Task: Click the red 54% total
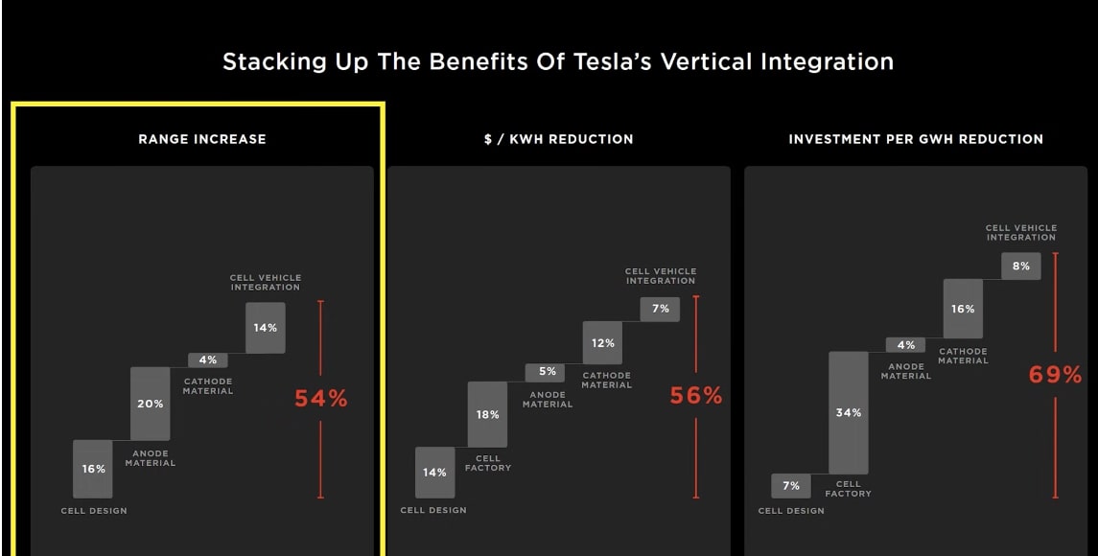[320, 399]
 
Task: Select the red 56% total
[695, 395]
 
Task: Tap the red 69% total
[1055, 375]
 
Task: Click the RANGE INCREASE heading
[202, 139]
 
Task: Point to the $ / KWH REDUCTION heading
[558, 139]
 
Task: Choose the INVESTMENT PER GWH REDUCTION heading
[916, 139]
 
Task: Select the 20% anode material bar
[150, 403]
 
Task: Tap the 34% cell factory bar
[848, 412]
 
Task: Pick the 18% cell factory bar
[487, 414]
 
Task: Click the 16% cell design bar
[93, 469]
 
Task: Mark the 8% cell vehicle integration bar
[1020, 266]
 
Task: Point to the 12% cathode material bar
[602, 342]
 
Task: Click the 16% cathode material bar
[963, 309]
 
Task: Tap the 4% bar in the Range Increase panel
[207, 360]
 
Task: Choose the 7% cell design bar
[790, 485]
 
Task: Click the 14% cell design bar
[434, 472]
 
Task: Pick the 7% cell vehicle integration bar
[660, 308]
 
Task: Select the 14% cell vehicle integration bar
[265, 327]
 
